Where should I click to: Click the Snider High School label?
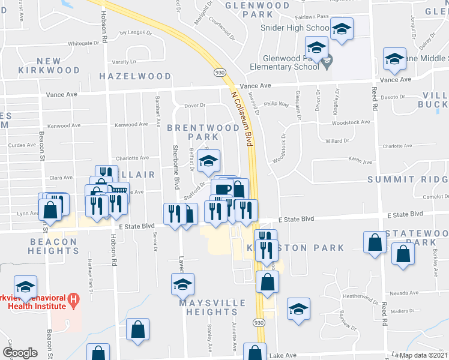pos(295,28)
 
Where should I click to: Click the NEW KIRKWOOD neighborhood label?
pos(58,65)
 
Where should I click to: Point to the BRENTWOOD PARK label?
pos(203,132)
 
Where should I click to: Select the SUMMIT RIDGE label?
pos(408,179)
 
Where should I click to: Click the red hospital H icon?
pos(73,298)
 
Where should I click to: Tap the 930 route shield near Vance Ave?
pos(220,71)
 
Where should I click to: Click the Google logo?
pos(20,353)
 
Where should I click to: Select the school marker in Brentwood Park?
pos(209,161)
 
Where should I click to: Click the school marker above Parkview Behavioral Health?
pos(26,287)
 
